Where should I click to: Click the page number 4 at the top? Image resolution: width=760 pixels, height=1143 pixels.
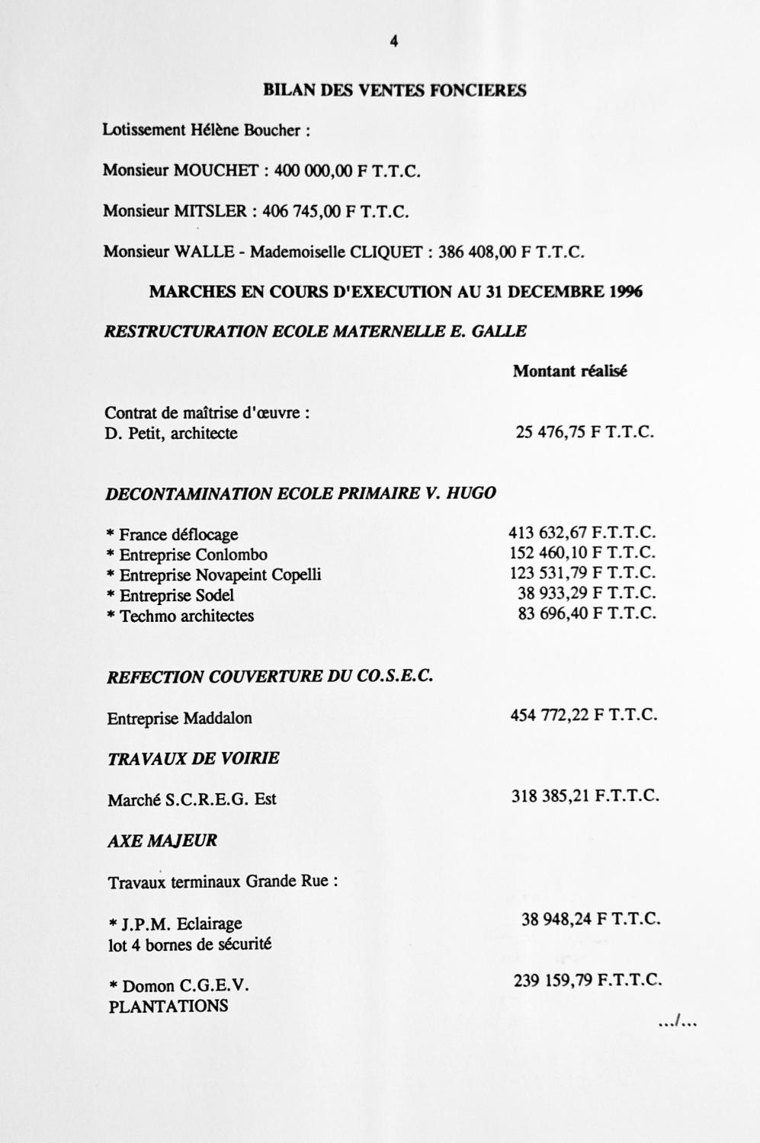pos(394,43)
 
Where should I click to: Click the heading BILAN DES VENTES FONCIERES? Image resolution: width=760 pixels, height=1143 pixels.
pos(394,90)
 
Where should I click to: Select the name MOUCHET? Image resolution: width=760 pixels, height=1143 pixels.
pos(216,171)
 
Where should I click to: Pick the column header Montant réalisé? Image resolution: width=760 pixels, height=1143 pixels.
pos(569,372)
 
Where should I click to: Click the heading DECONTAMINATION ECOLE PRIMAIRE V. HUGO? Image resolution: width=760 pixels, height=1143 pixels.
pos(301,493)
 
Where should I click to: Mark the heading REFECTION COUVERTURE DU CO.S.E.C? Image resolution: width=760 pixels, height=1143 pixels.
pos(270,677)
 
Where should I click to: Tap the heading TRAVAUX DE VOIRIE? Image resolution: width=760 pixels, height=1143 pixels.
pos(194,758)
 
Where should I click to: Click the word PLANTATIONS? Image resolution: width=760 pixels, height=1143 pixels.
pos(168,1007)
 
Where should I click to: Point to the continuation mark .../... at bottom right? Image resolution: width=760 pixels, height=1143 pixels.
pos(678,1023)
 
